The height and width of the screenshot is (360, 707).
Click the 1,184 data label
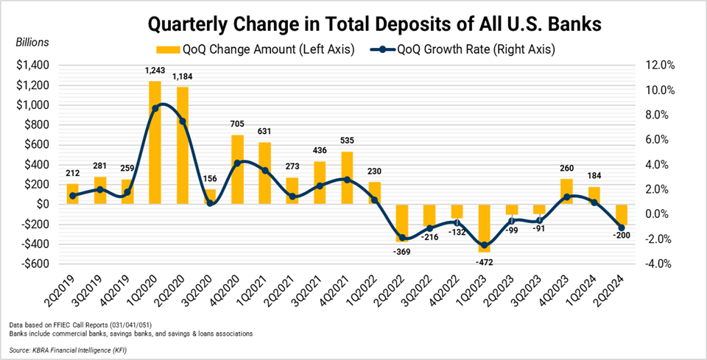182,77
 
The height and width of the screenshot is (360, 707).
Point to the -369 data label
403,252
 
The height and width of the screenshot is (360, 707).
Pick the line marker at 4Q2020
237,163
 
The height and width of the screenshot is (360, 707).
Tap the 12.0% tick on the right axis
660,66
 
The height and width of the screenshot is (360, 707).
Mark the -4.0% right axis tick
660,264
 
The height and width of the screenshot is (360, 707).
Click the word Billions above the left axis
32,42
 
